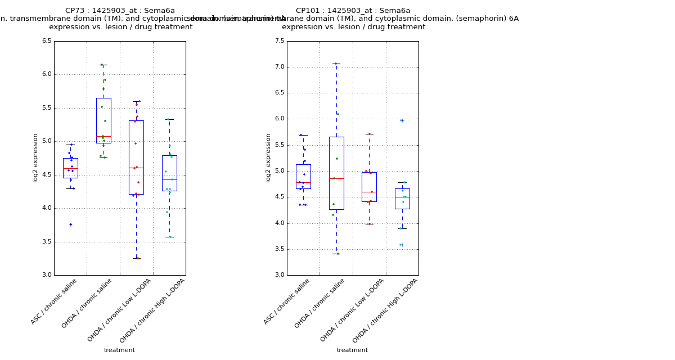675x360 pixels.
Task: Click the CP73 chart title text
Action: [120, 11]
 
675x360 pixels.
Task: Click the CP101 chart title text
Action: [353, 11]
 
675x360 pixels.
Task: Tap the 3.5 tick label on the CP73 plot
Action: [46, 242]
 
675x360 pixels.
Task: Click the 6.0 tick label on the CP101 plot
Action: [278, 119]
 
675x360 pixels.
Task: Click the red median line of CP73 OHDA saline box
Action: [103, 136]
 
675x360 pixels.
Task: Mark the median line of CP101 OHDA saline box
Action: [336, 178]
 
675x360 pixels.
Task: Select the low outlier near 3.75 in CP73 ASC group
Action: [70, 224]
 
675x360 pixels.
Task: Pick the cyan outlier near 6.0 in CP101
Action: [402, 120]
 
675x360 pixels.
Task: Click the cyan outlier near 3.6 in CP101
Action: [402, 245]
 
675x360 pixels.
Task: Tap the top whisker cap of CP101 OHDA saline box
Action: [336, 64]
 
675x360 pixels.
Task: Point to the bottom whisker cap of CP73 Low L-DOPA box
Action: [136, 258]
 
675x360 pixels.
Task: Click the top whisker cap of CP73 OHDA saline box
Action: [103, 65]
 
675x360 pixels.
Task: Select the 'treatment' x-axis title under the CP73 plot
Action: [119, 350]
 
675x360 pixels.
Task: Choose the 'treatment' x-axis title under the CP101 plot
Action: [352, 350]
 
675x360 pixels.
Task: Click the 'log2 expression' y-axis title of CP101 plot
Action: [268, 158]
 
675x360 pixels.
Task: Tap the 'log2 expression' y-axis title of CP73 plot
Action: [35, 158]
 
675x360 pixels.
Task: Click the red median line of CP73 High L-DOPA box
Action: [169, 179]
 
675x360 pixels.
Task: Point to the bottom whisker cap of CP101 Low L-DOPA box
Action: [369, 224]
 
